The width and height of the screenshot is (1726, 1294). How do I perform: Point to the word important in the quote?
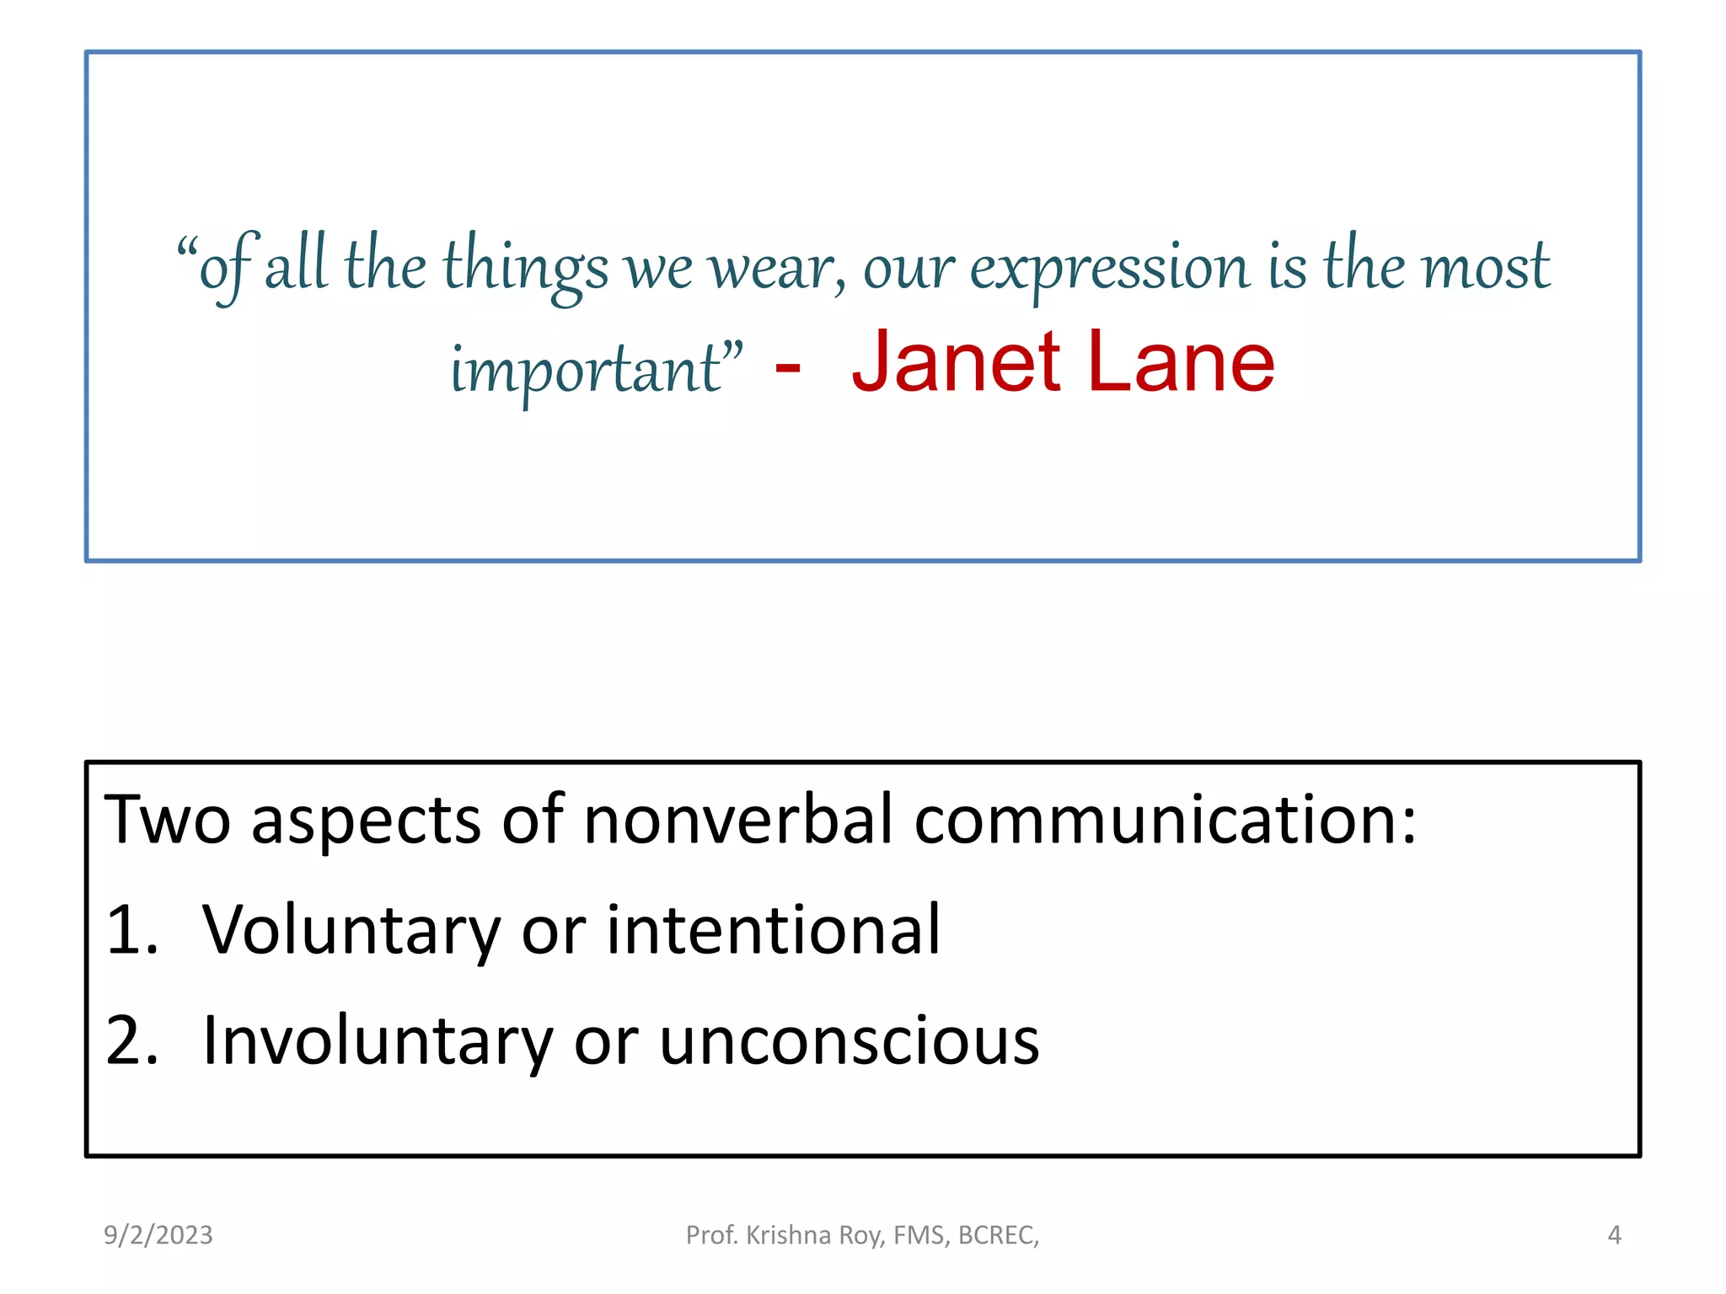tap(587, 371)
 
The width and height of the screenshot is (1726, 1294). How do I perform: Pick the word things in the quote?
tap(525, 268)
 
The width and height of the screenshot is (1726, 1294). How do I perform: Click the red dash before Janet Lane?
tap(787, 367)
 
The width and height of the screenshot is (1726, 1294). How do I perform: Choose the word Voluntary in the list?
tap(351, 932)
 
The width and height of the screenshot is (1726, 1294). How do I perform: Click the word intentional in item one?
tap(773, 930)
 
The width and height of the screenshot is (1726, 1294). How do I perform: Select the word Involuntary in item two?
tap(378, 1043)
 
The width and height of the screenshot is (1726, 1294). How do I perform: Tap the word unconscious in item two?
tap(849, 1043)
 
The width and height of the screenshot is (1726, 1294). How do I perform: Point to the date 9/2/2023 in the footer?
tap(158, 1235)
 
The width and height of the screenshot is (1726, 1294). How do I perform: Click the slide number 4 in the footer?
tap(1614, 1235)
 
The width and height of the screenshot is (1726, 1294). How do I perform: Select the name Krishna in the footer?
tap(788, 1235)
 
